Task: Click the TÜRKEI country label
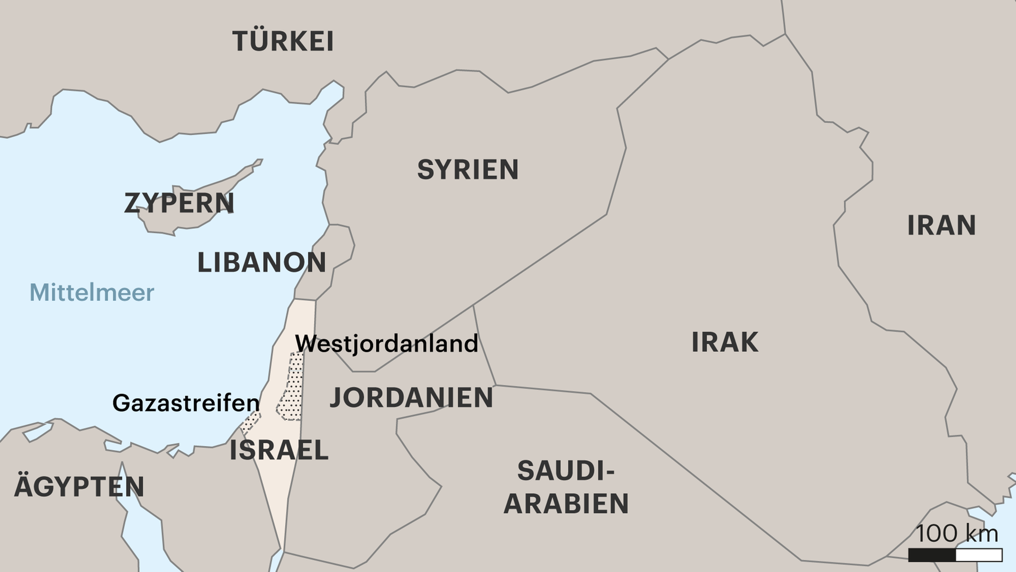[283, 41]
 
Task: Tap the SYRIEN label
[468, 170]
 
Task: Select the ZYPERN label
[179, 203]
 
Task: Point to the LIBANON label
[261, 263]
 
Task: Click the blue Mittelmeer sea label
[92, 292]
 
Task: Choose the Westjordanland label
[386, 344]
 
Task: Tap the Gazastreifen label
[186, 404]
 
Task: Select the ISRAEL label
[279, 451]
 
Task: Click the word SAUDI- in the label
[566, 471]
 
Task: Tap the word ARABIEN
[566, 504]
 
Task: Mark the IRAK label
[724, 343]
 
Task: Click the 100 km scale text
[957, 533]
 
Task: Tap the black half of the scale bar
[932, 555]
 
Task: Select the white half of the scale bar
[979, 555]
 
